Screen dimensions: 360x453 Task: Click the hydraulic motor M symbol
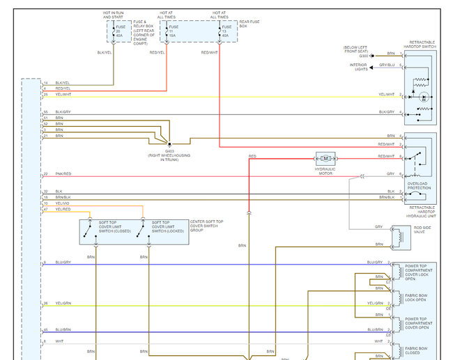(x=325, y=159)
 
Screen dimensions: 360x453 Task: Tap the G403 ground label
(x=169, y=150)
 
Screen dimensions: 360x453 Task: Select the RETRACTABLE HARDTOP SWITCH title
(x=420, y=45)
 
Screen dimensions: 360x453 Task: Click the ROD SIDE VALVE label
(x=422, y=229)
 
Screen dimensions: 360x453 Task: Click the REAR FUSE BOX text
(x=249, y=24)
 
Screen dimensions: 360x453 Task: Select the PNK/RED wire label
(x=63, y=174)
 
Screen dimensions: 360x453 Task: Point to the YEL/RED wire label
(x=63, y=209)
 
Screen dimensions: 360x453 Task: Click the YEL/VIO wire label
(x=63, y=203)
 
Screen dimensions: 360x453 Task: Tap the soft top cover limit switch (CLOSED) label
(x=114, y=226)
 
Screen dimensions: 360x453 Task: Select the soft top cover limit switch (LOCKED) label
(x=167, y=226)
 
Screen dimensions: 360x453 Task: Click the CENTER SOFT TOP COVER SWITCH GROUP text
(x=206, y=225)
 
